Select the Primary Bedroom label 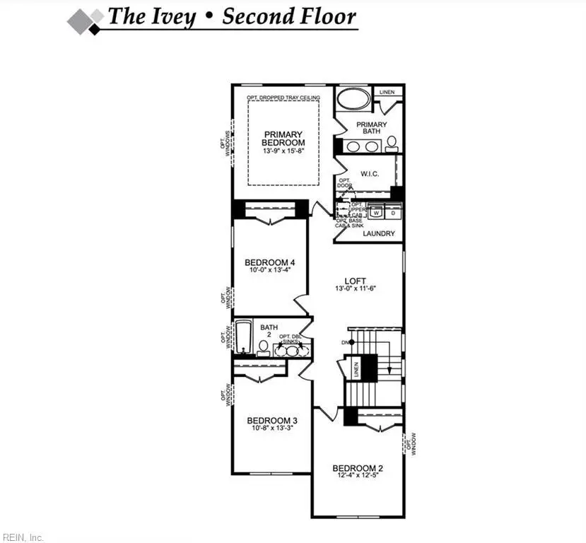click(x=283, y=139)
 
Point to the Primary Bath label click(x=372, y=128)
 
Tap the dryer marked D click(x=392, y=212)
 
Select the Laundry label click(x=378, y=234)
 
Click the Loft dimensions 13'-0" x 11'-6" click(x=354, y=288)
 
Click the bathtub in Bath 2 click(x=242, y=338)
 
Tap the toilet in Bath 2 click(x=263, y=346)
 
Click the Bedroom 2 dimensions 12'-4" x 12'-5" click(x=358, y=477)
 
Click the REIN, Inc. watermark click(x=23, y=537)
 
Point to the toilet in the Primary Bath click(x=392, y=144)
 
